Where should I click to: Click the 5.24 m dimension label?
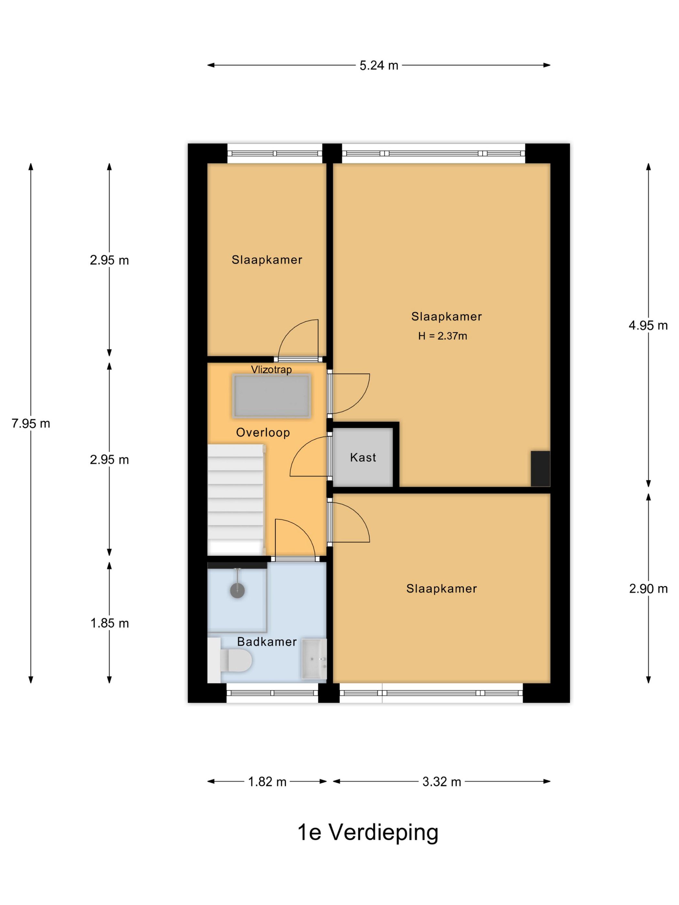point(379,66)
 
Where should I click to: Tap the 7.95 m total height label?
point(31,423)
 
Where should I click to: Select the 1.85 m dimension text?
point(109,623)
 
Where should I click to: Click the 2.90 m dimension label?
point(648,589)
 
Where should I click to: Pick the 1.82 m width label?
point(267,782)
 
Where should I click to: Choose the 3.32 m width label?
point(442,782)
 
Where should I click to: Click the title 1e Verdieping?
point(367,832)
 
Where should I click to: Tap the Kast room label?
point(363,457)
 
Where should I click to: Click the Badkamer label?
point(267,642)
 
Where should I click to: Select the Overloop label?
point(263,432)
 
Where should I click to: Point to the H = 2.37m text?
point(442,336)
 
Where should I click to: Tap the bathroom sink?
point(314,659)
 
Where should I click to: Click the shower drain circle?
point(237,591)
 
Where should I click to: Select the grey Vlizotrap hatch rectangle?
point(271,396)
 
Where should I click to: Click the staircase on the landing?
point(235,499)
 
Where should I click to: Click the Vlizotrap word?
point(271,369)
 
